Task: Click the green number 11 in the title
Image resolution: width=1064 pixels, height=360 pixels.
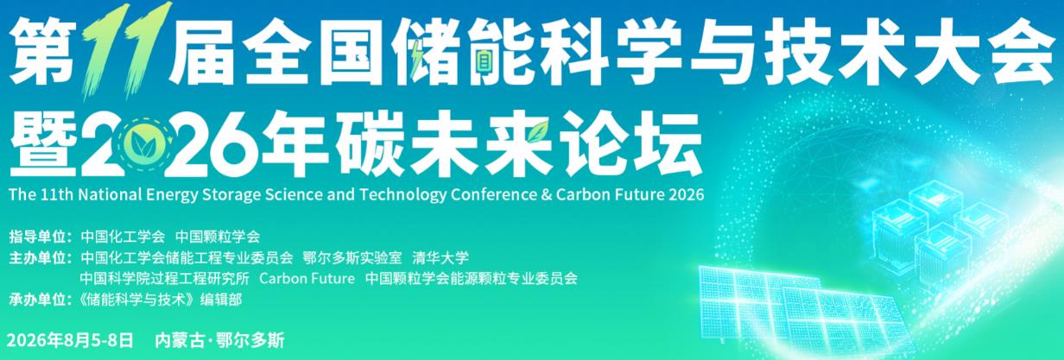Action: click(x=126, y=51)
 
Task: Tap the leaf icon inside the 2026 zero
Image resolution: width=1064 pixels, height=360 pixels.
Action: click(x=141, y=143)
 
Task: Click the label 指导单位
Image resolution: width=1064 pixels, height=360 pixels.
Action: click(x=37, y=237)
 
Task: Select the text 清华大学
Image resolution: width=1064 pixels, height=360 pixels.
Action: click(x=440, y=258)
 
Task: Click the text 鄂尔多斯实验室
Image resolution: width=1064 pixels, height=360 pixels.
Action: click(x=352, y=258)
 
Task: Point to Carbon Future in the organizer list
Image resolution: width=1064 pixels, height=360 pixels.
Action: click(x=307, y=278)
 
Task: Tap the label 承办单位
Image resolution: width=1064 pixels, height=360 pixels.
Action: click(x=37, y=300)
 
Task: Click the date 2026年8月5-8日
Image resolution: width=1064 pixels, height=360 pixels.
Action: click(x=70, y=340)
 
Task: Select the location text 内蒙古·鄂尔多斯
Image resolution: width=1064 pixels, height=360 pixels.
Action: click(x=220, y=340)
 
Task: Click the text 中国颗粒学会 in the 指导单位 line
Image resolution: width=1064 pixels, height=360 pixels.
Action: click(x=218, y=237)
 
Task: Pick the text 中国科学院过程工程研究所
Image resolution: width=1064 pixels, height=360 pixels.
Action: click(x=164, y=278)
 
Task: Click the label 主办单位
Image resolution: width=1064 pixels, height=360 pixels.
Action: click(x=37, y=258)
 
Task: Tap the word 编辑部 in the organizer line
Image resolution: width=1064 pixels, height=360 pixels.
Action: click(x=221, y=300)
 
